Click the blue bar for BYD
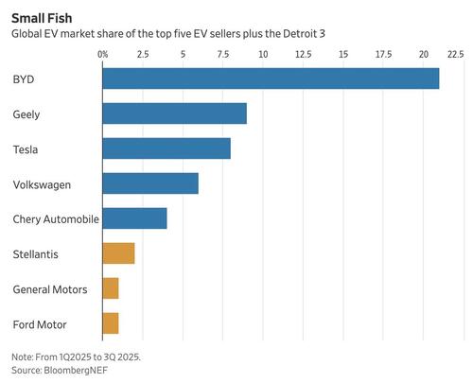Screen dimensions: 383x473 coord(271,78)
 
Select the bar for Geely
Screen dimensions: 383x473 coord(174,113)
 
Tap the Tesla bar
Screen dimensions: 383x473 coord(166,148)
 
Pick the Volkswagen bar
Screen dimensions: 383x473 coord(150,183)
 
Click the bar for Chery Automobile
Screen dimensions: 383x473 coord(134,218)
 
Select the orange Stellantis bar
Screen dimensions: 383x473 coord(118,253)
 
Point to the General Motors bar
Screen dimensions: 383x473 coord(110,288)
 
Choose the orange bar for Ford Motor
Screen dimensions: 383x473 coord(110,323)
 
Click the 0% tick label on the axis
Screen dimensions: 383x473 coord(104,55)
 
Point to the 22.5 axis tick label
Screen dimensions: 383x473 coord(455,55)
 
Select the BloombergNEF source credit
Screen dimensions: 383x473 coord(49,371)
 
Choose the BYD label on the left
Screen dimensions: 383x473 coord(23,78)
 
